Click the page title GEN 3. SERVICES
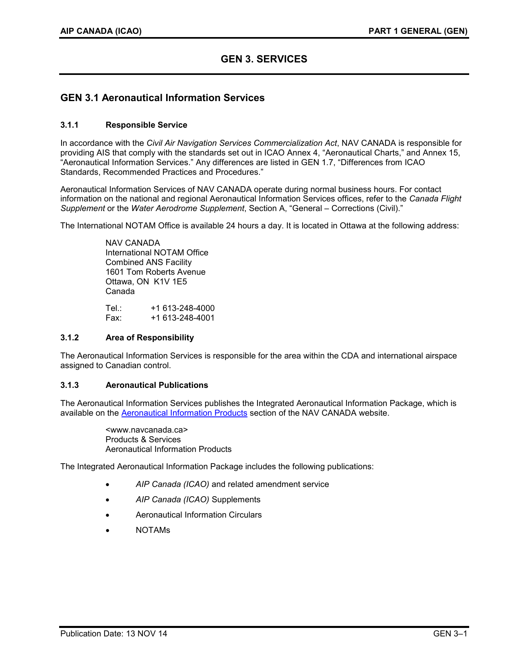(x=264, y=59)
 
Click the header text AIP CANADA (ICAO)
(x=101, y=31)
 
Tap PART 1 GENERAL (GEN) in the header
(x=418, y=31)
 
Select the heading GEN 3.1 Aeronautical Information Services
(x=162, y=98)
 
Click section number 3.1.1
(x=70, y=125)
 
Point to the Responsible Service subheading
(x=146, y=125)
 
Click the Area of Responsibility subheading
(x=149, y=338)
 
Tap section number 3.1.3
(x=70, y=385)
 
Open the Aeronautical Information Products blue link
(x=184, y=413)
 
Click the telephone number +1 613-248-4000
(x=182, y=308)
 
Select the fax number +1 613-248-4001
(x=182, y=318)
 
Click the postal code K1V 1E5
(x=170, y=282)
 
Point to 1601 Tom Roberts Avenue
(x=155, y=272)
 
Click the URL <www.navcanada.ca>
(x=146, y=430)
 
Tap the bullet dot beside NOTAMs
(x=107, y=531)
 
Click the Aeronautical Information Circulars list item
(x=198, y=515)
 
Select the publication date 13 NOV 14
(x=146, y=634)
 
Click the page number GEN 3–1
(x=450, y=634)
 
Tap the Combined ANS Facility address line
(x=148, y=262)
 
